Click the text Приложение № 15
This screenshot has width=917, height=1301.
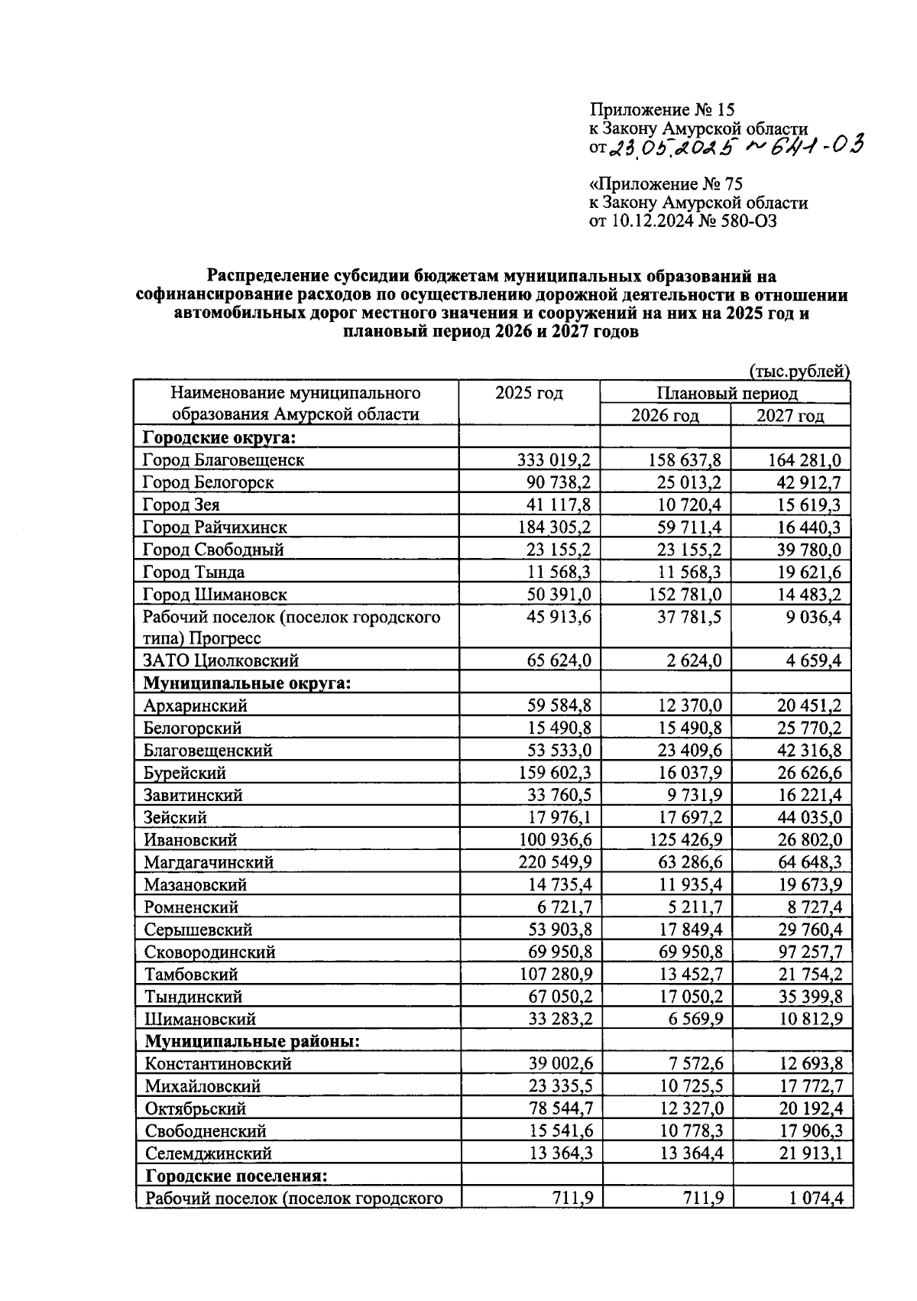[662, 111]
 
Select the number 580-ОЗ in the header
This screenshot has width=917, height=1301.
[740, 222]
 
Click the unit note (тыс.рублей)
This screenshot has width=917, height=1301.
[799, 371]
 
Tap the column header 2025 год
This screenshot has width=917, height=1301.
[529, 393]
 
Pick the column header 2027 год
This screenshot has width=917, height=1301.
[790, 416]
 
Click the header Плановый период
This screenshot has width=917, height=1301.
[727, 394]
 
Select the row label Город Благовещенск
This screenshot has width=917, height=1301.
[223, 460]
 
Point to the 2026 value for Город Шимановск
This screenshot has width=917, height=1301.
[680, 595]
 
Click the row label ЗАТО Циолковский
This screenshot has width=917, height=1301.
[221, 660]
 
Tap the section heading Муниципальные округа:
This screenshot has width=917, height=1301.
[247, 683]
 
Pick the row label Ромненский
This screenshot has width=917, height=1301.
[191, 907]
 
